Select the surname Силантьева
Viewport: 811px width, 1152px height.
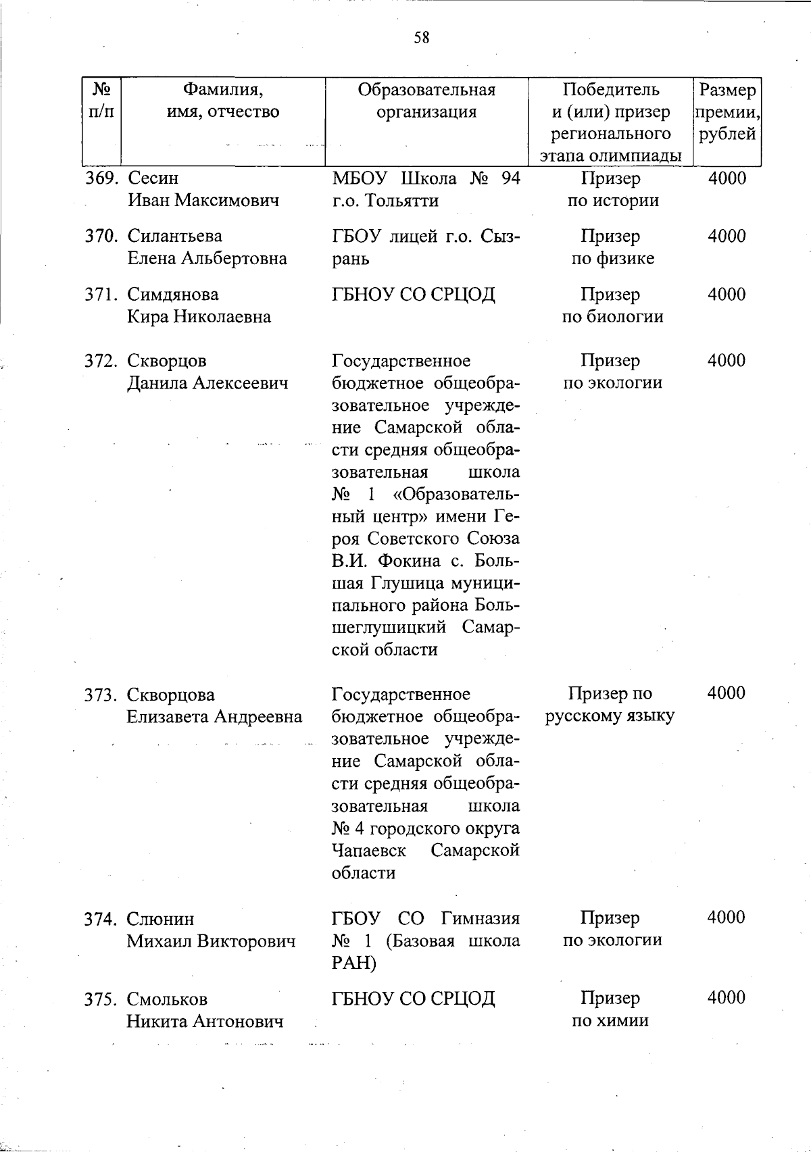coord(174,236)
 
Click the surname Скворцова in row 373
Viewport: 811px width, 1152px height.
coord(170,695)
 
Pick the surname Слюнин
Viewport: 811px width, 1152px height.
coord(160,919)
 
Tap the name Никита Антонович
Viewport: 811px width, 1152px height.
coord(205,1022)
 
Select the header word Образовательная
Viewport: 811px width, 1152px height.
coord(426,90)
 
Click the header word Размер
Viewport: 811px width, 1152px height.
coord(727,90)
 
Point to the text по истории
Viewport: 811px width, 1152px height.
coord(612,201)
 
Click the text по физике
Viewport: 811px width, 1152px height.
coord(612,259)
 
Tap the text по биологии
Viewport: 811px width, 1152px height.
coord(612,317)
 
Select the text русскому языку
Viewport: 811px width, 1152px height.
coord(610,716)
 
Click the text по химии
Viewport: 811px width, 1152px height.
coord(610,1021)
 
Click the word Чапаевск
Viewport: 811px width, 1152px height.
coord(369,850)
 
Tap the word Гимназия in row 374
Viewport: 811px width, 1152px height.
coord(481,919)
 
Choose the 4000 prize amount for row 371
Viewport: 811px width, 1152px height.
coord(727,295)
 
